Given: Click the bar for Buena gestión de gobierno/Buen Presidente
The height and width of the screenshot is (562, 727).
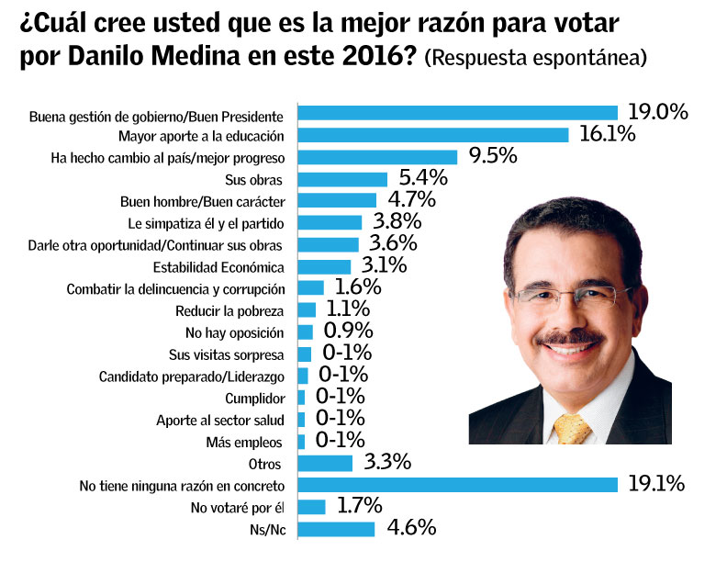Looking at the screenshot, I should pos(459,114).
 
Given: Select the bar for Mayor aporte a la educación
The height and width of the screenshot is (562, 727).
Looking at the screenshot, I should pos(435,136).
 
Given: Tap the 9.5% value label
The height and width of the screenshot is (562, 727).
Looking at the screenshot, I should pos(493,156).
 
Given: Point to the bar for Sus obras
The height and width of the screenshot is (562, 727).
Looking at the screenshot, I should pos(344,178).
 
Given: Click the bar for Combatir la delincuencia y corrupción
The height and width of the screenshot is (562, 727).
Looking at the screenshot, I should pos(311,288).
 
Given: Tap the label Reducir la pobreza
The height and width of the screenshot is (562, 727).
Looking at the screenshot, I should pos(246,310).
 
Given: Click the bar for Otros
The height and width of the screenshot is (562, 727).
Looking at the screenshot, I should pos(326,463).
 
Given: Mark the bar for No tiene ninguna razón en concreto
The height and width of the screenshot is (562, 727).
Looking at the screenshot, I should pos(459,484).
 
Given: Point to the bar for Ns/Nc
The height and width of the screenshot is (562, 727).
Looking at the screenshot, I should pos(337,529).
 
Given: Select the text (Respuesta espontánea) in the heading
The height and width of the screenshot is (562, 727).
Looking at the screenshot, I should pos(537,58).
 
